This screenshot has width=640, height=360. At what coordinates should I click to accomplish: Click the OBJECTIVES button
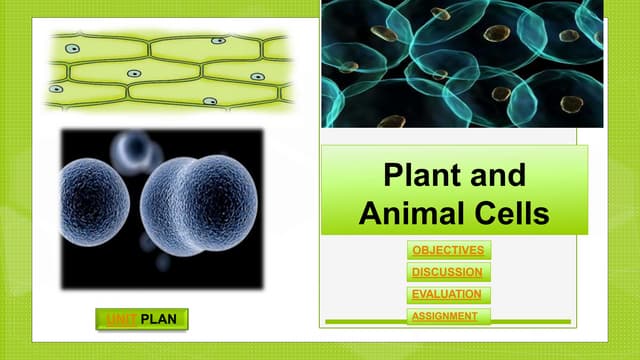coord(449,250)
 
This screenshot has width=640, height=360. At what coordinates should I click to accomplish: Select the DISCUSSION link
coord(446,272)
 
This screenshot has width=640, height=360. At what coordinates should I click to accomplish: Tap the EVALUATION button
coord(447,294)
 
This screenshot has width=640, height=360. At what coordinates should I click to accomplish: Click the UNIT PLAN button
coord(141,320)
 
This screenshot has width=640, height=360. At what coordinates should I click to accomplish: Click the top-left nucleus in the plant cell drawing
coord(72,47)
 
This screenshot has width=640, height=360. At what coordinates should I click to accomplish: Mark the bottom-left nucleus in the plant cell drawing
coord(57,89)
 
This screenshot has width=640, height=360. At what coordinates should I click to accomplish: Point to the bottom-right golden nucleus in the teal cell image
coord(571,103)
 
